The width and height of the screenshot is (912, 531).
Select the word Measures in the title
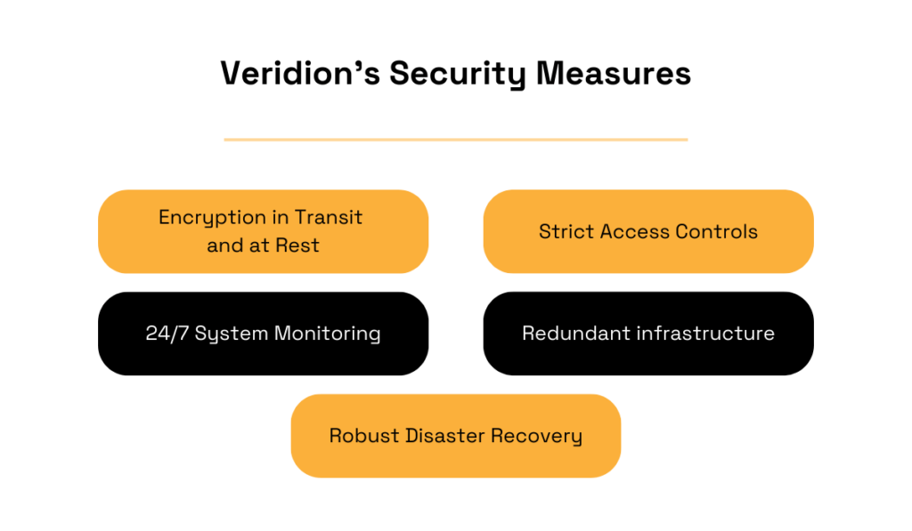613,74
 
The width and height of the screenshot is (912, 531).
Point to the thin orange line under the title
455,140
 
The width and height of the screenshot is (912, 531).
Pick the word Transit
329,218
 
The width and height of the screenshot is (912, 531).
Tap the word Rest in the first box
297,245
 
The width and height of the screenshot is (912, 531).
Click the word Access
635,232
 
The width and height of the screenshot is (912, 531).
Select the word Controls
717,232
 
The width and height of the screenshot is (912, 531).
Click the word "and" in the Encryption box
225,245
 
